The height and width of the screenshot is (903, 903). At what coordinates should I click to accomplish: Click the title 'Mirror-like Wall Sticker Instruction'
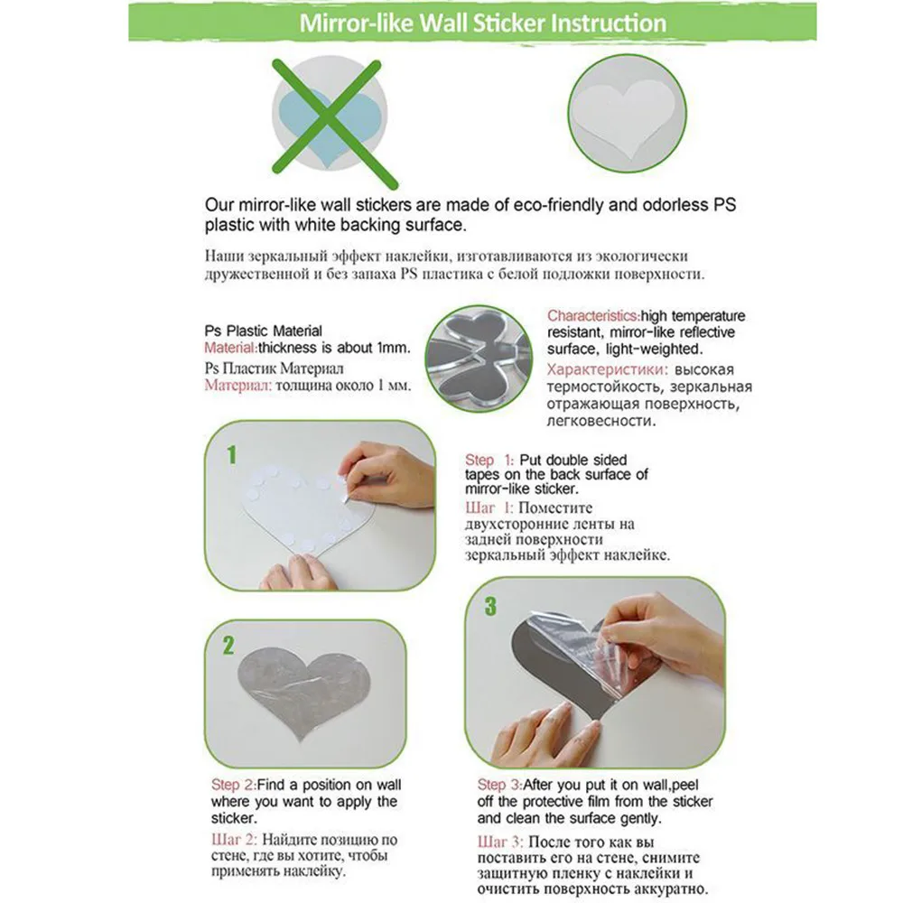pos(482,23)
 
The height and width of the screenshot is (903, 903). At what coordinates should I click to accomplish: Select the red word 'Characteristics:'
pos(593,315)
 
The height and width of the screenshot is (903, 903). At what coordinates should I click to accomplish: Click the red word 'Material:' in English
pos(230,348)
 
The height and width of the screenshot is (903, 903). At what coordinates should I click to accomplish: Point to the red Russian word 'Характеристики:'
pos(608,369)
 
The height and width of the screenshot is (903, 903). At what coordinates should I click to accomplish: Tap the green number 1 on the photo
pos(231,455)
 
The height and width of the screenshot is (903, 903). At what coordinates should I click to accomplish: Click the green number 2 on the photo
pos(228,646)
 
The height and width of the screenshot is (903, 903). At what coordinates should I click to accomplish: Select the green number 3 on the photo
pos(490,606)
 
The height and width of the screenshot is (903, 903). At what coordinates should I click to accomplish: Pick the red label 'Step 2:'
pos(233,785)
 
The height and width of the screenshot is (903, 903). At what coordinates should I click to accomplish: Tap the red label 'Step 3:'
pos(499,785)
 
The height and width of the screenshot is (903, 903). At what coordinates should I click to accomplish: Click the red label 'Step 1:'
pos(489,461)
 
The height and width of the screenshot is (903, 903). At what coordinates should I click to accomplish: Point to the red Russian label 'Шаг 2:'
pos(234,840)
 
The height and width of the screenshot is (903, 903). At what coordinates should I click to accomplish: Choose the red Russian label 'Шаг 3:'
pos(500,842)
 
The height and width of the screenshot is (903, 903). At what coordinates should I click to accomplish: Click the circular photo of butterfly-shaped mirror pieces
pos(479,358)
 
